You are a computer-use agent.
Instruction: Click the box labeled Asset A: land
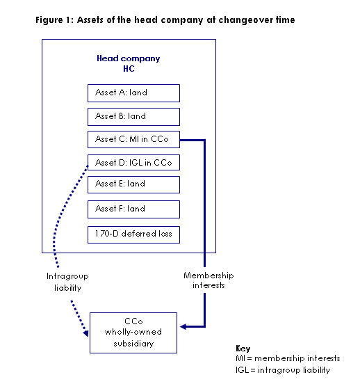133,93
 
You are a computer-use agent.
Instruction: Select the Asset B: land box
133,117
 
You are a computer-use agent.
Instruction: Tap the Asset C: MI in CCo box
133,139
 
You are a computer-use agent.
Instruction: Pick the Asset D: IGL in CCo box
133,163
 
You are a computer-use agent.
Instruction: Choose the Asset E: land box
133,184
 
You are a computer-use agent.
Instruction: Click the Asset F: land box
133,209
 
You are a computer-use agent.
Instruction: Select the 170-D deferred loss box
133,234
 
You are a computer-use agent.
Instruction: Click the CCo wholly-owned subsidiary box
133,333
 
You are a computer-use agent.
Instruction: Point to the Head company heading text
129,58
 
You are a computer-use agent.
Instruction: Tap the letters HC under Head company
129,69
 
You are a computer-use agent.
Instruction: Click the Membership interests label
208,280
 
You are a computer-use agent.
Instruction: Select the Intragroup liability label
67,282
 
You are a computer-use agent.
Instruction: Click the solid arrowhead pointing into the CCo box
183,327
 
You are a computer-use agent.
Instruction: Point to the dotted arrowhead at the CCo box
85,333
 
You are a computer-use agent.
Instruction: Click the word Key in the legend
243,349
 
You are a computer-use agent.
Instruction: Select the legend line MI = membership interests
288,358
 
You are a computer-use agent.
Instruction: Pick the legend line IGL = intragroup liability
283,370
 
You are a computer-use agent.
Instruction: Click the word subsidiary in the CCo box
133,344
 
